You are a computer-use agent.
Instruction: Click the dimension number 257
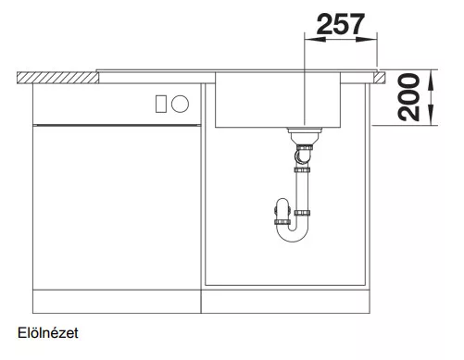coord(341,24)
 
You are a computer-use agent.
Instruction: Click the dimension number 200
coord(409,97)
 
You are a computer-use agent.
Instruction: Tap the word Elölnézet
coord(48,333)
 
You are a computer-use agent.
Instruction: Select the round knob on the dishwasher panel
coord(180,104)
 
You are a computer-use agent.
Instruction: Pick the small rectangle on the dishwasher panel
coord(161,104)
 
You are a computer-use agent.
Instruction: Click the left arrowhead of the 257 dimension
coord(315,39)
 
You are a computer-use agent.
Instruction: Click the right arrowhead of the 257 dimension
coord(367,39)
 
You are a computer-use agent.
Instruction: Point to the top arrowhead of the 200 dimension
coord(432,81)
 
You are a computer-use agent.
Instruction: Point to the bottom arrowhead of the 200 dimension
coord(432,115)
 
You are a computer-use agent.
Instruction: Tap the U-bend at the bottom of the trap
coord(293,234)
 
